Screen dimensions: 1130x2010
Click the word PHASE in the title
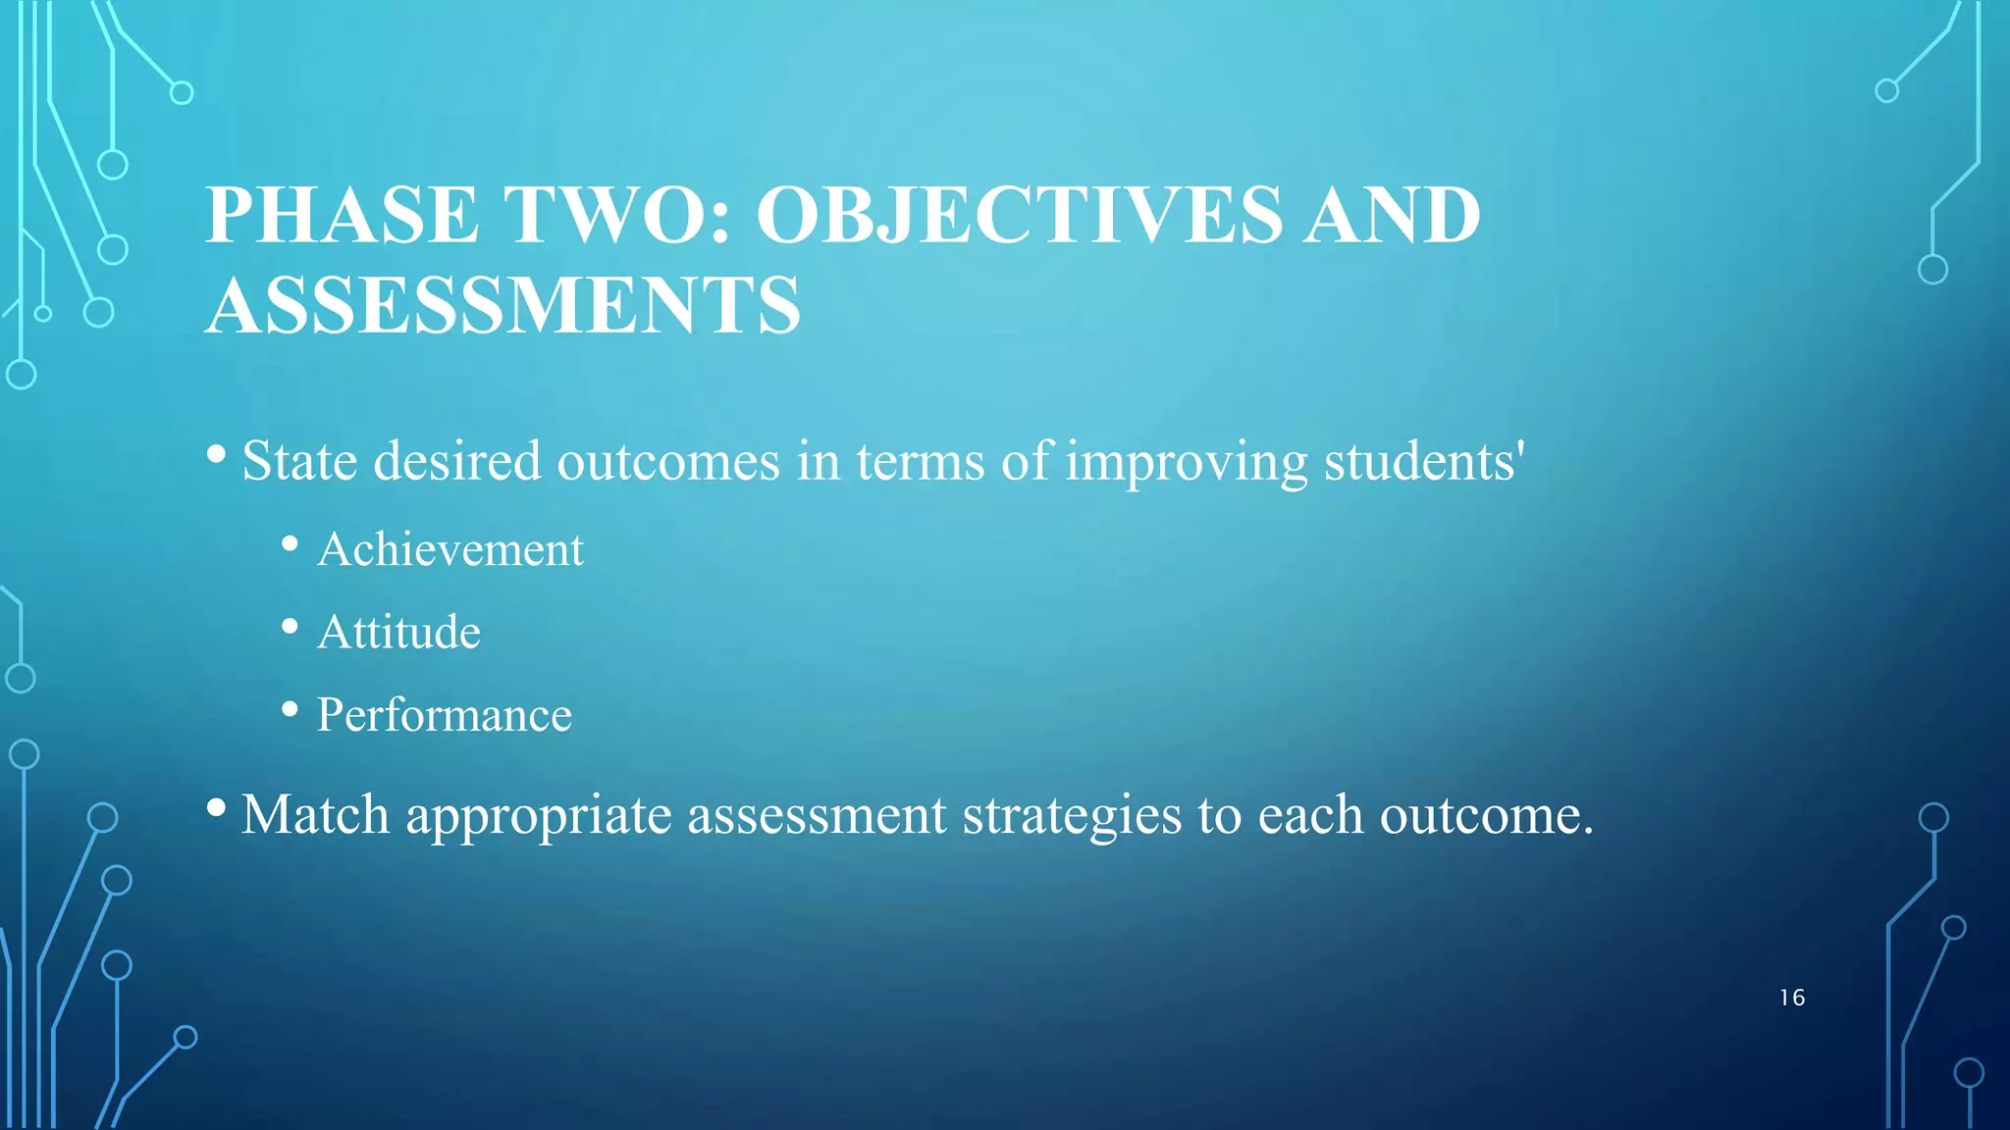coord(343,215)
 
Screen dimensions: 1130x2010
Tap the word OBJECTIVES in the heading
coord(1019,215)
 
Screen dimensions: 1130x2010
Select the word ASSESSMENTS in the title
coord(503,305)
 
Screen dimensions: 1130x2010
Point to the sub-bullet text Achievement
coord(450,549)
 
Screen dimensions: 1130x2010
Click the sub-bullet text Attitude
coord(398,632)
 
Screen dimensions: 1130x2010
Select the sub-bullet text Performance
coord(444,715)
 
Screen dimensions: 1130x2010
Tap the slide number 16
coord(1791,998)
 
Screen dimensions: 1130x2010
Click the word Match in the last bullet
coord(315,814)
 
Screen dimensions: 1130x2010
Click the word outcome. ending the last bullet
coord(1486,815)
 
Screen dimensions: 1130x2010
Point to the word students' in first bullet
coord(1424,461)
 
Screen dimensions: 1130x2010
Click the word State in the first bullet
coord(299,461)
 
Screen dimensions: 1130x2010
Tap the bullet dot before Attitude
coord(290,626)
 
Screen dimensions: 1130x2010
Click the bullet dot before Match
coord(217,808)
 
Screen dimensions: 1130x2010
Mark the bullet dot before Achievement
coord(290,543)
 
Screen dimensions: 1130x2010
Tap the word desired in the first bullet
coord(457,461)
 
